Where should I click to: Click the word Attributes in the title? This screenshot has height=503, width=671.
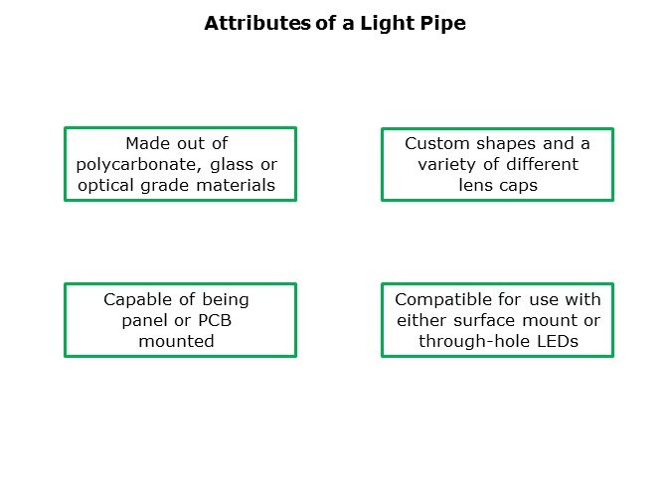pos(257,23)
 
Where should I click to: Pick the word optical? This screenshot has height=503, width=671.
pos(105,186)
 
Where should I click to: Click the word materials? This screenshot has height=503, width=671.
pos(236,185)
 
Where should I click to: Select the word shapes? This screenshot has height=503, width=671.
pos(506,144)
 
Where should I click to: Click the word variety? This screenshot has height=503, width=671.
pos(446,165)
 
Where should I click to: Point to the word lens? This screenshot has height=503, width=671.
pos(474,185)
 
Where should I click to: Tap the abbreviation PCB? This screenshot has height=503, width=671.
pos(215,320)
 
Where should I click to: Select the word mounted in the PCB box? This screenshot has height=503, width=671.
pos(176,341)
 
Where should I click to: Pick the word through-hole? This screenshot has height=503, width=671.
pos(474,342)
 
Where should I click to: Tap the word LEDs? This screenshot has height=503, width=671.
pos(557,341)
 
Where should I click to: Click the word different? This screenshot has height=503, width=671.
pos(542,164)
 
